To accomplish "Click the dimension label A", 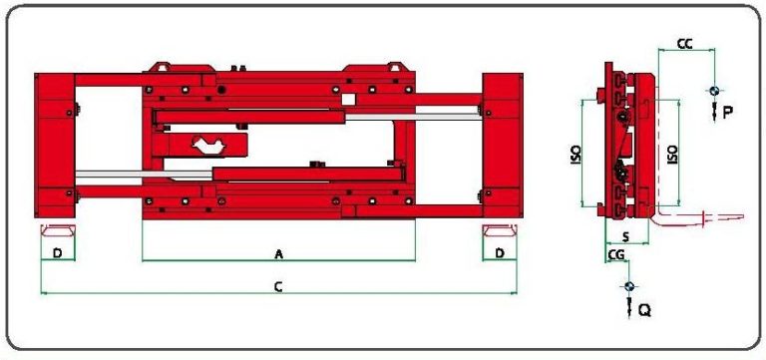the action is pos(279,254).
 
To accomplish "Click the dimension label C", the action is pos(278,287).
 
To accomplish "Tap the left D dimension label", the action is pos(58,253).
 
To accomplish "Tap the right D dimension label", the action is pos(500,253).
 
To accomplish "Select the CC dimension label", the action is pos(684,44).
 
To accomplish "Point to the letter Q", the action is pos(645,310).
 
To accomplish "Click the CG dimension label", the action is pos(615,254).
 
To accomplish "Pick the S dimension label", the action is pos(626,237).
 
